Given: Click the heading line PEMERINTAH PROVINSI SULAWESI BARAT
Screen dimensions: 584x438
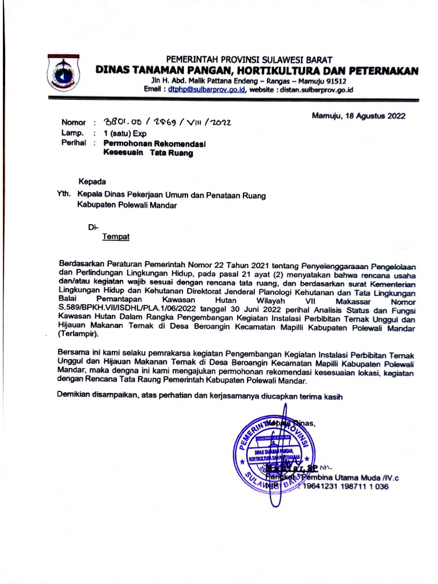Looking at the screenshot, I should click(249, 60).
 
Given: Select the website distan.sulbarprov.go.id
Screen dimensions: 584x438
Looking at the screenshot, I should click(317, 90).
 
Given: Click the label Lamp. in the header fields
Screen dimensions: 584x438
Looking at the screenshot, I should click(71, 133).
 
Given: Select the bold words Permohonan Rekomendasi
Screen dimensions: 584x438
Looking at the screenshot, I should click(154, 144).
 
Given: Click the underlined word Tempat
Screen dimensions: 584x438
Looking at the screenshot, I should click(116, 236).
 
